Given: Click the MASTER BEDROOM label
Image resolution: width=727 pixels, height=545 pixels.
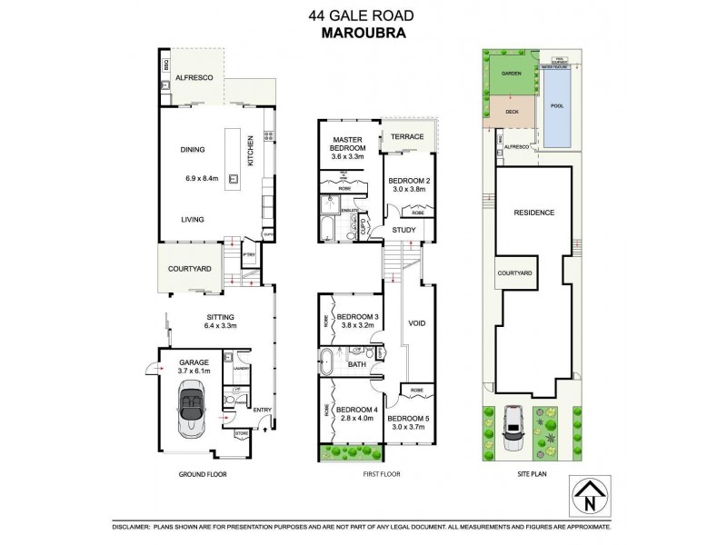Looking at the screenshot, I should [x=347, y=146].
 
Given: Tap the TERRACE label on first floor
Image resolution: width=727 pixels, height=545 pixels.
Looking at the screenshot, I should [x=407, y=137].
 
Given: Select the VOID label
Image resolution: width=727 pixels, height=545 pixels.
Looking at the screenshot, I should [x=417, y=323].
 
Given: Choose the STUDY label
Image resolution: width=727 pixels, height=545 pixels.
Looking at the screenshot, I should [x=403, y=230].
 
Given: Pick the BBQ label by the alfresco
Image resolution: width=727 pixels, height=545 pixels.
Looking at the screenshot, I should [x=166, y=64].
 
